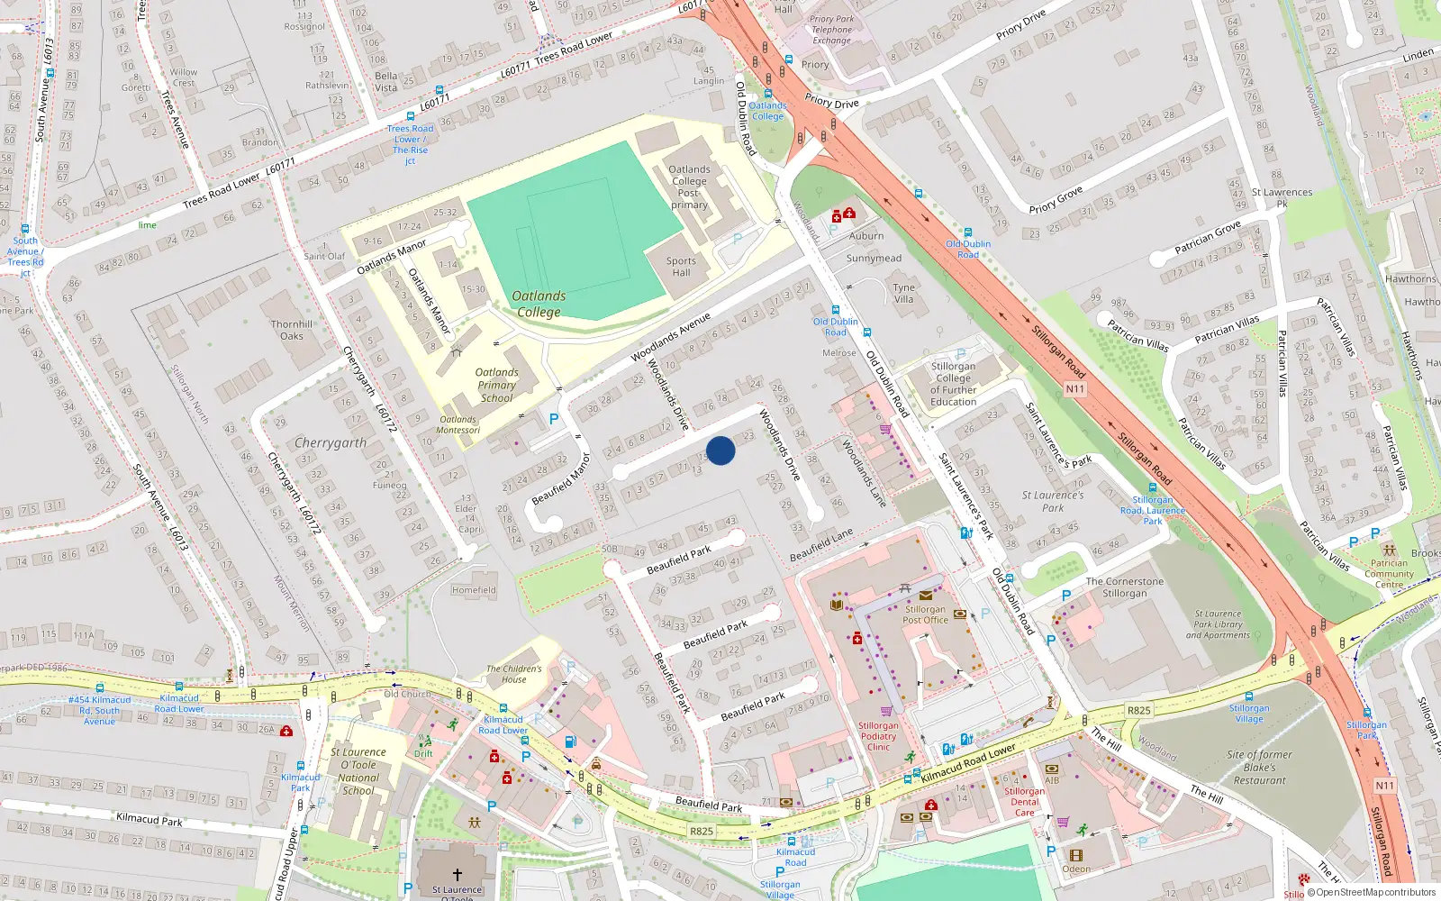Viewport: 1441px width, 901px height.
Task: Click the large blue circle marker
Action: (720, 450)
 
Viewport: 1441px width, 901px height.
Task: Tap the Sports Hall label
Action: (681, 267)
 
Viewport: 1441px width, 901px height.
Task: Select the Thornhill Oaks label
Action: (292, 330)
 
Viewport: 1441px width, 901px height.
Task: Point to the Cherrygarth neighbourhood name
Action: (331, 443)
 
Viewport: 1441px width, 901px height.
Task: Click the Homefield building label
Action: (474, 590)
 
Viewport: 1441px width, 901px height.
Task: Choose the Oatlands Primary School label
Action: (496, 385)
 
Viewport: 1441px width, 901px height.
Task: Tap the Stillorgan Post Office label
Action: (925, 614)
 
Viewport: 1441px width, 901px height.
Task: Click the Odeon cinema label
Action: (1076, 869)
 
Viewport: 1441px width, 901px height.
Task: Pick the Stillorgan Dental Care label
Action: (1025, 802)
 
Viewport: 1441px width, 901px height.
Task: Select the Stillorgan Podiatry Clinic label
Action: (878, 736)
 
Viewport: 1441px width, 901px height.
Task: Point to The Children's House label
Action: (514, 674)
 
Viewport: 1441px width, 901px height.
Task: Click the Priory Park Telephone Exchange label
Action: (831, 30)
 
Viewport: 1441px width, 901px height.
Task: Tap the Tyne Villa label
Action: (903, 294)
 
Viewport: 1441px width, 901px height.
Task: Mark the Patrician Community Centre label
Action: (1389, 573)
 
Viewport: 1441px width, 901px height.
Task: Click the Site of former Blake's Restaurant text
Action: (1259, 768)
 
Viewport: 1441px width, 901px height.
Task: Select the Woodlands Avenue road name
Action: (671, 337)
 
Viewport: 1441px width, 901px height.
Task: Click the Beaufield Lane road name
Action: (821, 545)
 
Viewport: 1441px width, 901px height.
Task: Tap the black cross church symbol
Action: (457, 874)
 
